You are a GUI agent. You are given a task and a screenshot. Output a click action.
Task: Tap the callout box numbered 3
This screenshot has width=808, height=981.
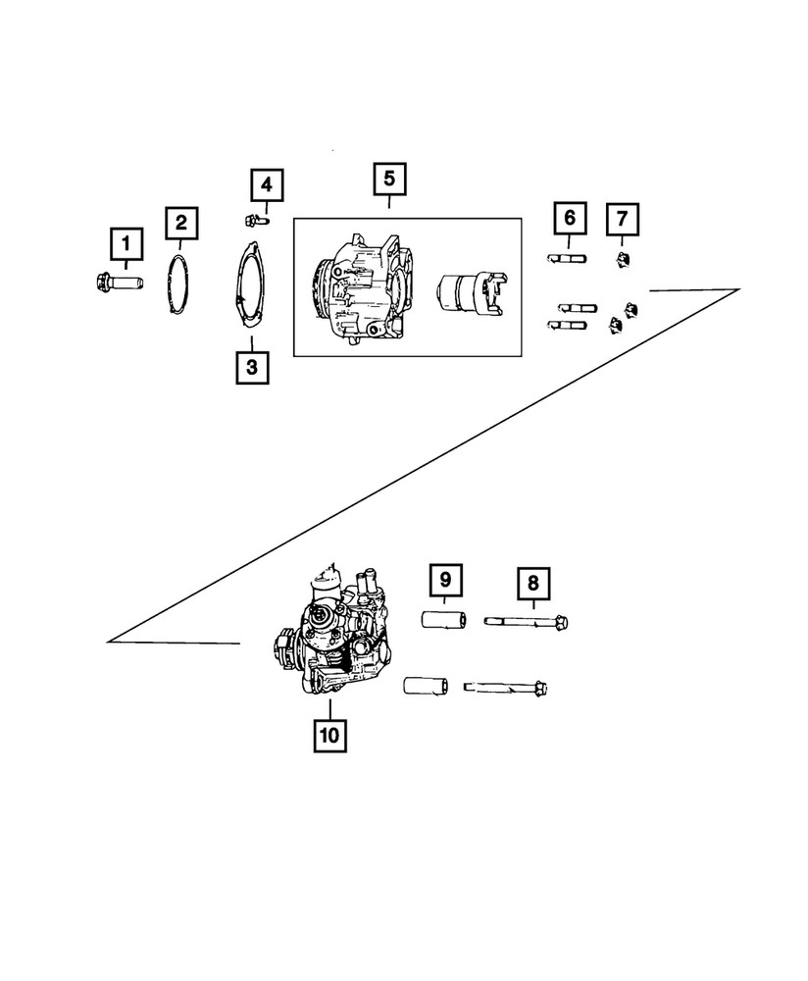pos(252,368)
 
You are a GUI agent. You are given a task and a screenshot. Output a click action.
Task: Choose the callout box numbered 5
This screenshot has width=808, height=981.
pos(389,181)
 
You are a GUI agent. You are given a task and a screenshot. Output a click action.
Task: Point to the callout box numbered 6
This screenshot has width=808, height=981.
pos(570,218)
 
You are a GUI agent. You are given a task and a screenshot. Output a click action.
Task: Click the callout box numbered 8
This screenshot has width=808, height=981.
pos(533,583)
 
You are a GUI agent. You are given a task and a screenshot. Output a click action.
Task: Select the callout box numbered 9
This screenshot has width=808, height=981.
pos(443,583)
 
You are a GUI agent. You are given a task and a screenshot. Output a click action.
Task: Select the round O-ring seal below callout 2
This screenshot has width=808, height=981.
pos(177,283)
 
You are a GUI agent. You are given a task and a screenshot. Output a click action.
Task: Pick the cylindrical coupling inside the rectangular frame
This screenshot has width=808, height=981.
pos(467,291)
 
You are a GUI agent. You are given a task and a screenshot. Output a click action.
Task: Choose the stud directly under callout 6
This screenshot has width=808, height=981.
pos(566,259)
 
